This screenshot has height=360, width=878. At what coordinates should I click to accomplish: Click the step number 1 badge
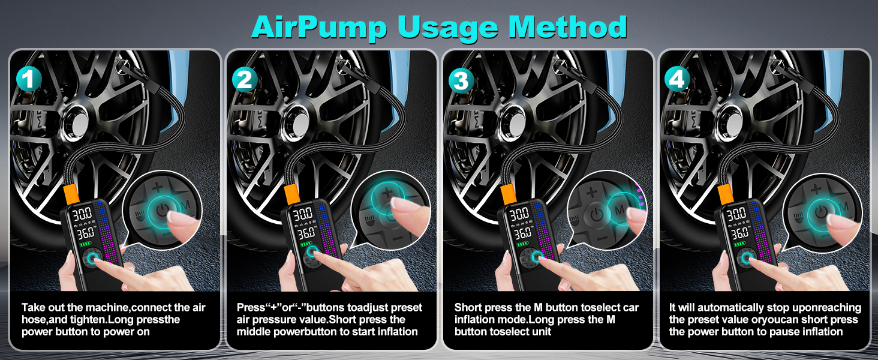(x=29, y=80)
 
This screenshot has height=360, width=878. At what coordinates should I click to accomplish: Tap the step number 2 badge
(x=244, y=80)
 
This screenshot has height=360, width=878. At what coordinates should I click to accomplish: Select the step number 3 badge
(x=461, y=80)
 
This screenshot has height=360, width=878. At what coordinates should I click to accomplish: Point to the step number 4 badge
(x=678, y=80)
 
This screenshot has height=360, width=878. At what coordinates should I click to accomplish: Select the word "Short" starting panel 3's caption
(x=469, y=308)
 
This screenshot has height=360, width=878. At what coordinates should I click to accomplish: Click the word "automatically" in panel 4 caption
(x=717, y=308)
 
